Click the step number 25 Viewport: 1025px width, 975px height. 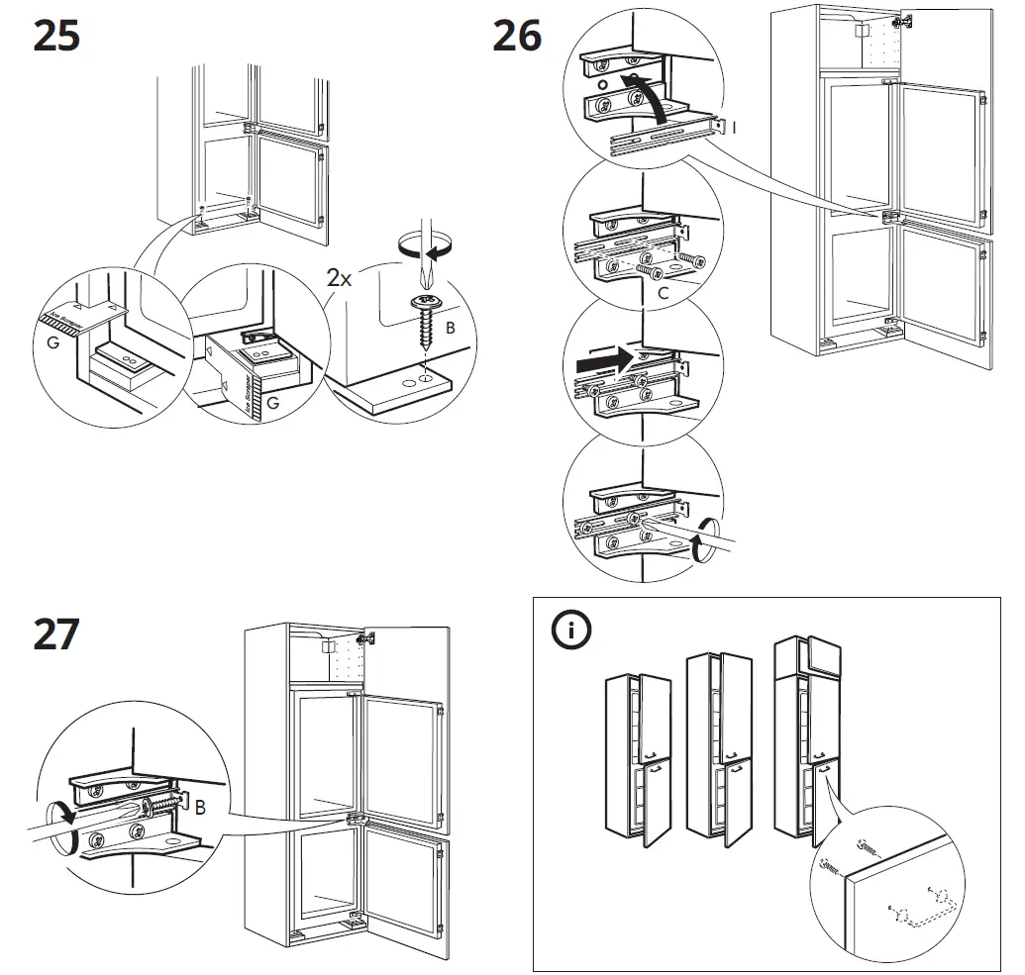pyautogui.click(x=55, y=37)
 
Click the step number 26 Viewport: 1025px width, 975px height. pyautogui.click(x=517, y=37)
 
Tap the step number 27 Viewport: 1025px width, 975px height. pyautogui.click(x=55, y=634)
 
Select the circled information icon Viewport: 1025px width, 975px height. pyautogui.click(x=571, y=632)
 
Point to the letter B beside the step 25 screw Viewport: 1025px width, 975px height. pyautogui.click(x=451, y=327)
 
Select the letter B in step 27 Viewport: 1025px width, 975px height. pyautogui.click(x=200, y=810)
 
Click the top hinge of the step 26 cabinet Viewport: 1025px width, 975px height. pyautogui.click(x=899, y=22)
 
